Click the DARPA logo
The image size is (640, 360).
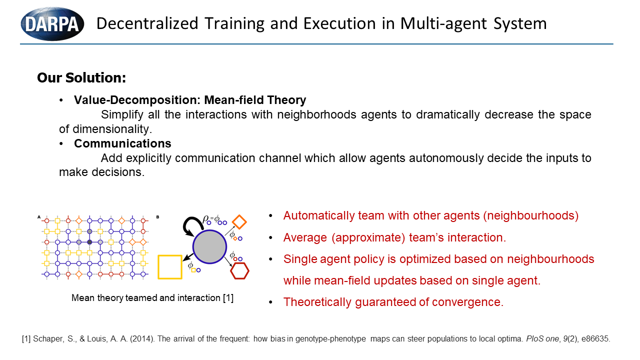[52, 24]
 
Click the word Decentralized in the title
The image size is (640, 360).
[147, 23]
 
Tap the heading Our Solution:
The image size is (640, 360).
[81, 77]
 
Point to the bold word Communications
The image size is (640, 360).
[122, 143]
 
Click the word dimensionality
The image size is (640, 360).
[112, 129]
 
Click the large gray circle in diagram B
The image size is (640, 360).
[209, 247]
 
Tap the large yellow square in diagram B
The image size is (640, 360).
[170, 267]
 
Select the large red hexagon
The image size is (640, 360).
[239, 271]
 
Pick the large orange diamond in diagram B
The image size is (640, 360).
[239, 222]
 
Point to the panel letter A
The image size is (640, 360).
[39, 217]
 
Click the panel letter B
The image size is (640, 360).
[157, 217]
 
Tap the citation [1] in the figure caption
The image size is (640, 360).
[228, 298]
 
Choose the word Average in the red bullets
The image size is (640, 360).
[305, 237]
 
